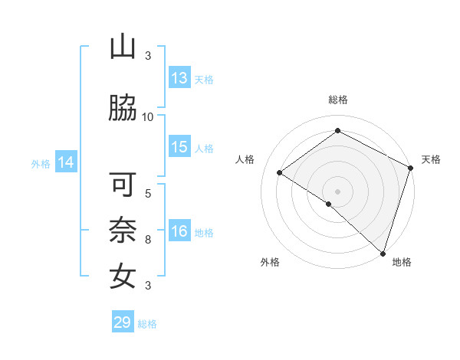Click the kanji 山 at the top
tap(123, 47)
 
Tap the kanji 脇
tap(123, 110)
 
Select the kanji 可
tap(123, 186)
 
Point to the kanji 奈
tap(123, 231)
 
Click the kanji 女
tap(123, 275)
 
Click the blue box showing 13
tap(179, 78)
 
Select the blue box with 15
tap(179, 147)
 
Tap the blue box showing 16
tap(179, 231)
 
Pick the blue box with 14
tap(66, 162)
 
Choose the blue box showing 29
tap(123, 322)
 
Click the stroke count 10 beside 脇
tap(148, 116)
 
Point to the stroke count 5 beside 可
tap(148, 192)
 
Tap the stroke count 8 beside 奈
tap(148, 239)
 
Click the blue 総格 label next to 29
tap(147, 324)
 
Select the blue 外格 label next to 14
tap(41, 163)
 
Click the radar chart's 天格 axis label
tap(431, 159)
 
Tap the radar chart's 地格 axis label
tap(402, 262)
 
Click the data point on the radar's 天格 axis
tap(411, 168)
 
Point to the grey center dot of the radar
tap(337, 191)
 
